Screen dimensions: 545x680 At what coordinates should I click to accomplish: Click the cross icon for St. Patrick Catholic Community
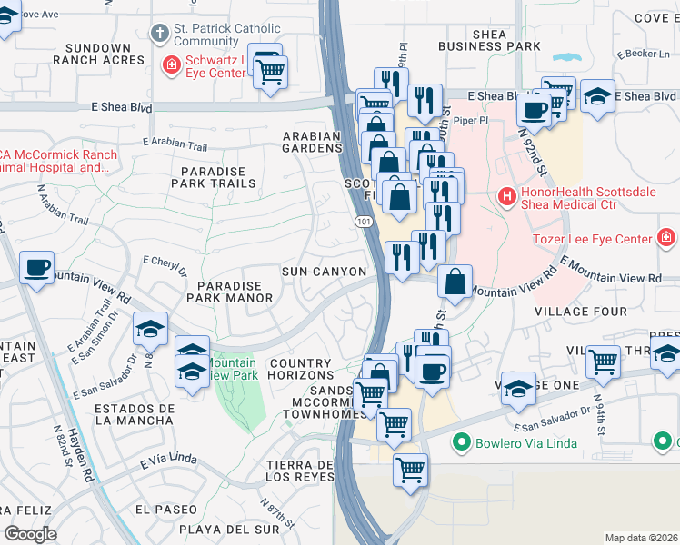click(160, 35)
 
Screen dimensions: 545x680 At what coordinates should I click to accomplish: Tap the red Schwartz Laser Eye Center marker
click(170, 64)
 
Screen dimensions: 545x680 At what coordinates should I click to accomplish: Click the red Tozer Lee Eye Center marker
click(666, 239)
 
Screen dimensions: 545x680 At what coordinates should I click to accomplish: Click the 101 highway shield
click(362, 221)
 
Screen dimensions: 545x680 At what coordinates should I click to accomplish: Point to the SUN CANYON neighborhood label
click(324, 272)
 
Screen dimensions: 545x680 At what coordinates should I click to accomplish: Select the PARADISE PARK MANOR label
click(224, 292)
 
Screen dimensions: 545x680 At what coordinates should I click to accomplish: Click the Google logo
click(30, 534)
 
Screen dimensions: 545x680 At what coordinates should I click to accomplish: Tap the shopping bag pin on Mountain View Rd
click(455, 282)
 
